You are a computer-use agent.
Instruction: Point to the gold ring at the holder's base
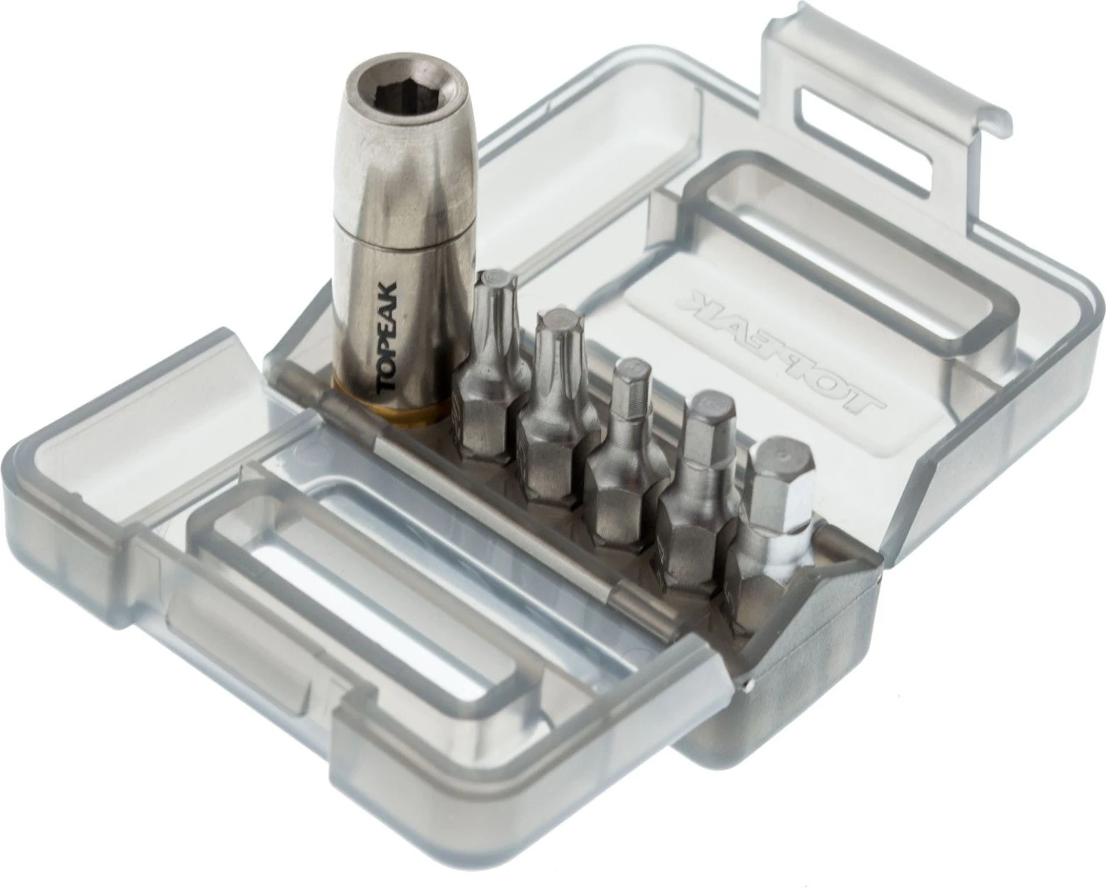(391, 406)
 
